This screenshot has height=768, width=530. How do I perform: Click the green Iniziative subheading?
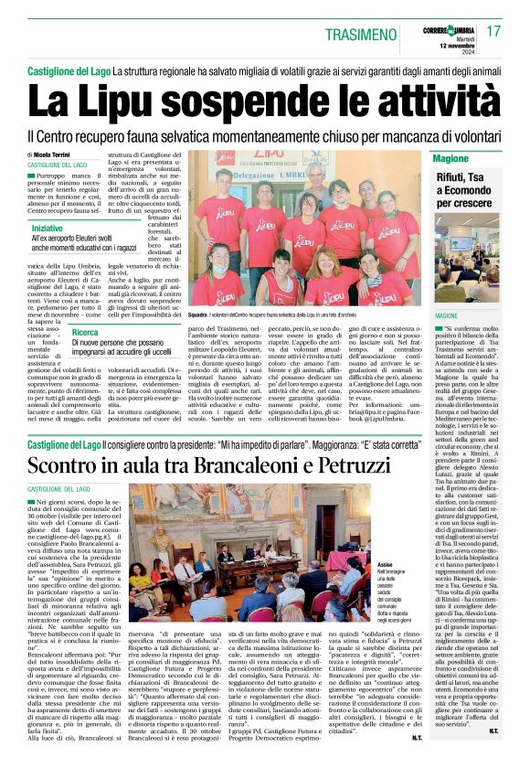point(54,227)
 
